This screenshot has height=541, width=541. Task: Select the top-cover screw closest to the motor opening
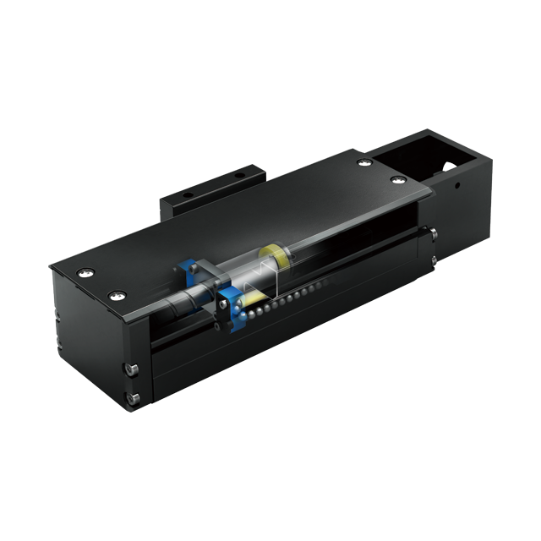(363, 162)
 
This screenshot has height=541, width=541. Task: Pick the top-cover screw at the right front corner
(398, 180)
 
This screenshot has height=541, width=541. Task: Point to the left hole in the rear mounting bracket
(189, 192)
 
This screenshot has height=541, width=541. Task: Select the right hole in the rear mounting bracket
(239, 175)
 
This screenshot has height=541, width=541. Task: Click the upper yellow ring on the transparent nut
(273, 254)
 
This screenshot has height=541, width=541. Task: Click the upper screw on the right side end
(433, 234)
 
